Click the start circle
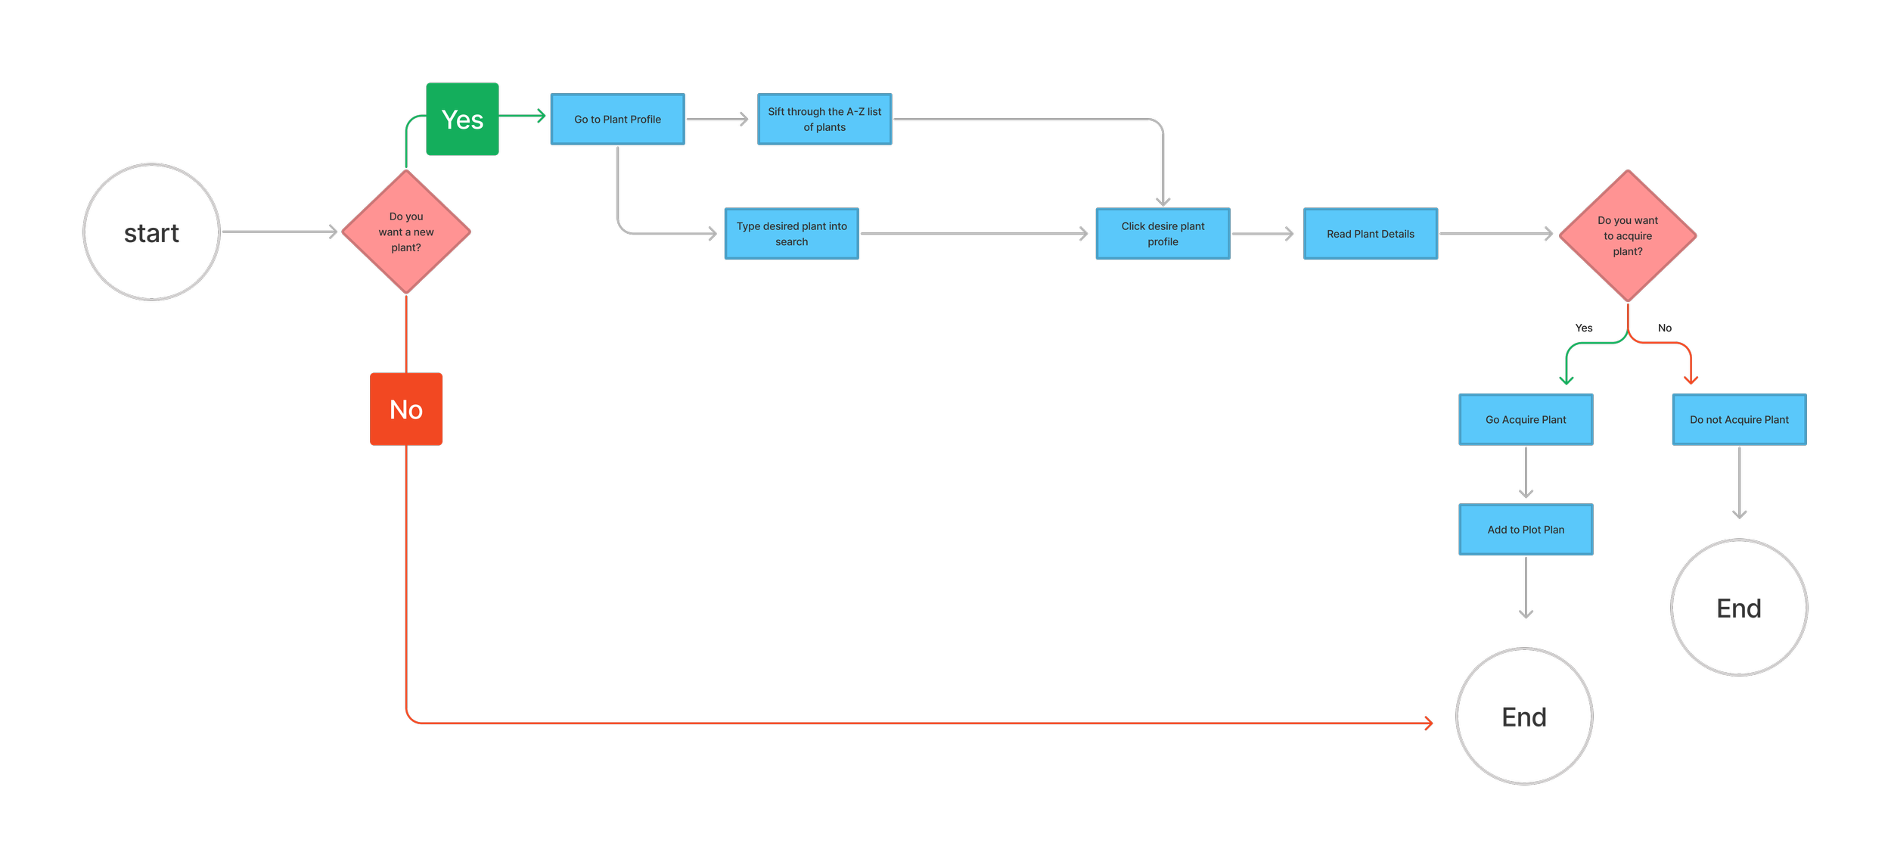tap(151, 232)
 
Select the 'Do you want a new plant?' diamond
tap(406, 232)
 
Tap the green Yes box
tap(462, 119)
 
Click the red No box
tap(406, 409)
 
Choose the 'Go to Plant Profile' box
tap(617, 119)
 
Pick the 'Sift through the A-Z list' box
tap(824, 119)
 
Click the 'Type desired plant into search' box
tap(791, 233)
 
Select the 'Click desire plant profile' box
tap(1163, 233)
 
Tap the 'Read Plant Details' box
tap(1370, 233)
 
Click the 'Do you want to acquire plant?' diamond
tap(1627, 235)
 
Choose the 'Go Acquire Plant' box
tap(1526, 419)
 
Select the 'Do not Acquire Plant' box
tap(1739, 419)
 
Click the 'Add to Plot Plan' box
tap(1526, 529)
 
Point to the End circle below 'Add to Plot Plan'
tap(1524, 716)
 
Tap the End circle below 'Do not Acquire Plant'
tap(1739, 607)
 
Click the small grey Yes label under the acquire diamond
tap(1584, 328)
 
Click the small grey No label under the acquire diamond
tap(1665, 328)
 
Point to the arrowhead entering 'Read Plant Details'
tap(1290, 234)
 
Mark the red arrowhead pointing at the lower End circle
tap(1428, 723)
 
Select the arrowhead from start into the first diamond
tap(334, 232)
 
